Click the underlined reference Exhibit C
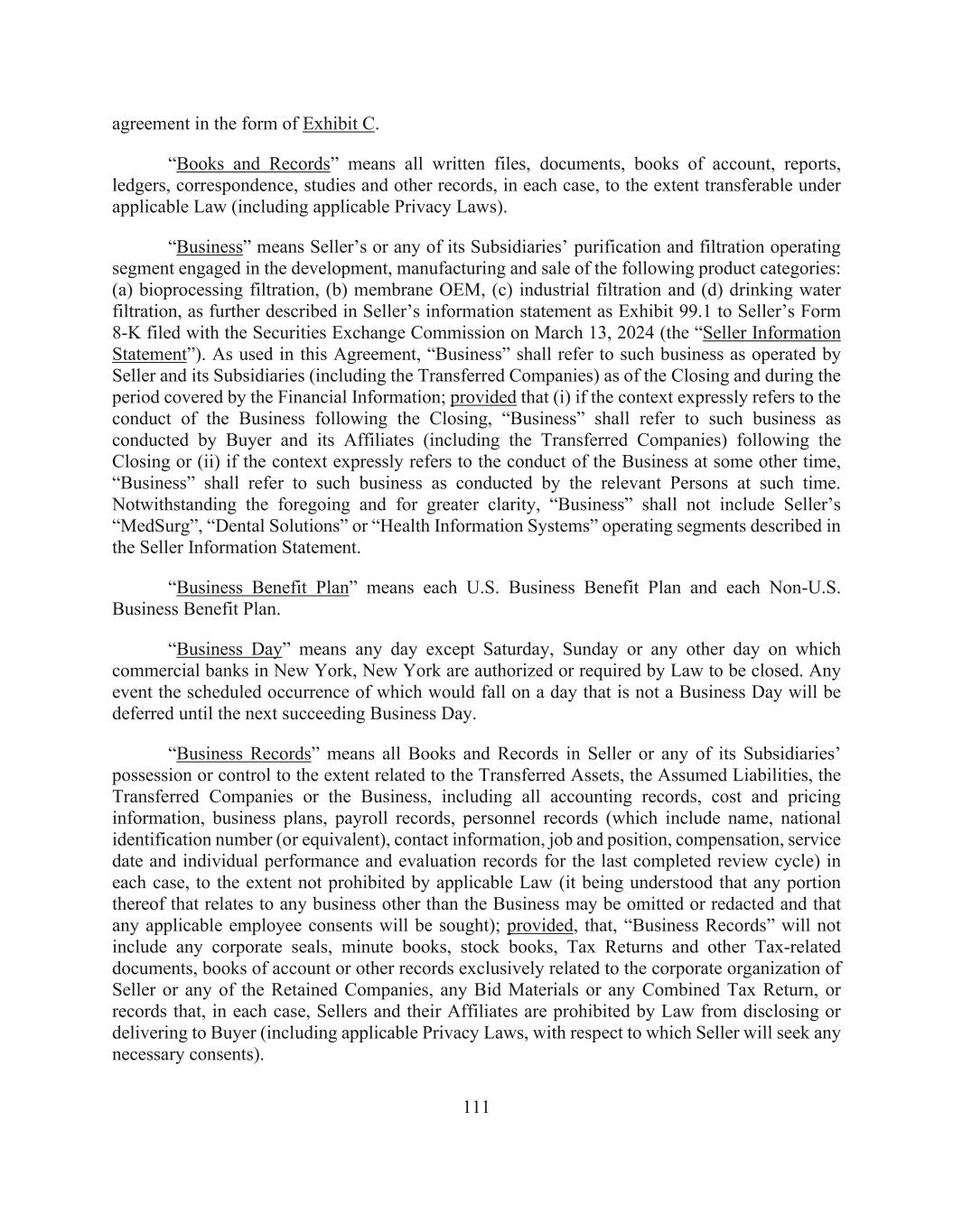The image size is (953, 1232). click(x=339, y=124)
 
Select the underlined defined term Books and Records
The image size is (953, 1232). click(x=253, y=164)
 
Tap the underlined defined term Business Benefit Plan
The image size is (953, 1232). click(x=262, y=588)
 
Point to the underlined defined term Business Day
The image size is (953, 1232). click(x=229, y=649)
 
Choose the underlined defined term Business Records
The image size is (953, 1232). click(x=243, y=754)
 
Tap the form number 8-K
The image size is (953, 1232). click(x=126, y=333)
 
